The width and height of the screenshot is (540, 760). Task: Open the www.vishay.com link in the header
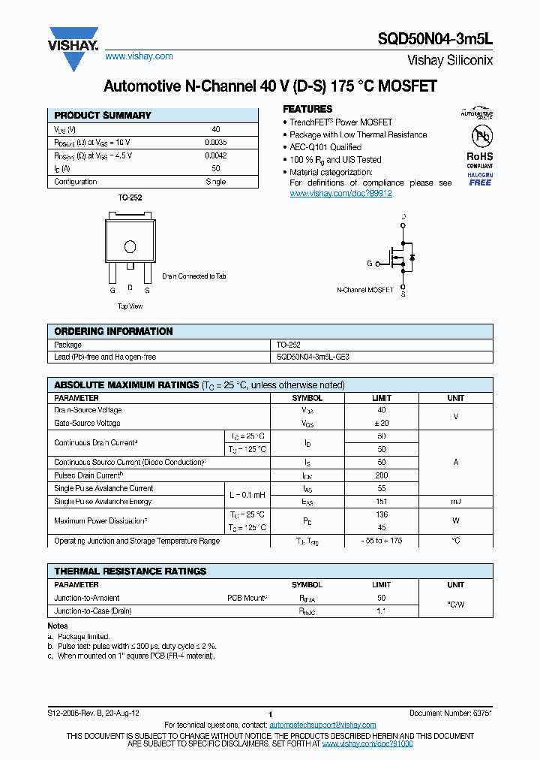coord(139,56)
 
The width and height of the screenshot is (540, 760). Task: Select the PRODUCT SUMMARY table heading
coord(103,116)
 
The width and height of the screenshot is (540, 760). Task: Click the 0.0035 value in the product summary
coord(215,142)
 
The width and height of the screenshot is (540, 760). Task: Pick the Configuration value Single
coord(215,182)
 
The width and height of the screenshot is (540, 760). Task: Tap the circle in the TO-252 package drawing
coord(130,246)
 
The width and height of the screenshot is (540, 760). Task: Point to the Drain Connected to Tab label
coord(193,276)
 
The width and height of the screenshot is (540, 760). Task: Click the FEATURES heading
coord(307,109)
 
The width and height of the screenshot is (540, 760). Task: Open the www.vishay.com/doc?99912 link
coord(340,194)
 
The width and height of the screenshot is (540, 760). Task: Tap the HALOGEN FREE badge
coord(480,179)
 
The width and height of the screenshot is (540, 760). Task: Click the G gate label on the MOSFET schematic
coord(369,264)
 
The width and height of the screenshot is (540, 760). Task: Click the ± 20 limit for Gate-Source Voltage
coord(381,424)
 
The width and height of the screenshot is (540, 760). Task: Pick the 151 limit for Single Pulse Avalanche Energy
coord(381,502)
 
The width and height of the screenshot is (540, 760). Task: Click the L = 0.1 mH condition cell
coord(247,495)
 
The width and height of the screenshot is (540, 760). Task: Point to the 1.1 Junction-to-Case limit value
coord(381,611)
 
